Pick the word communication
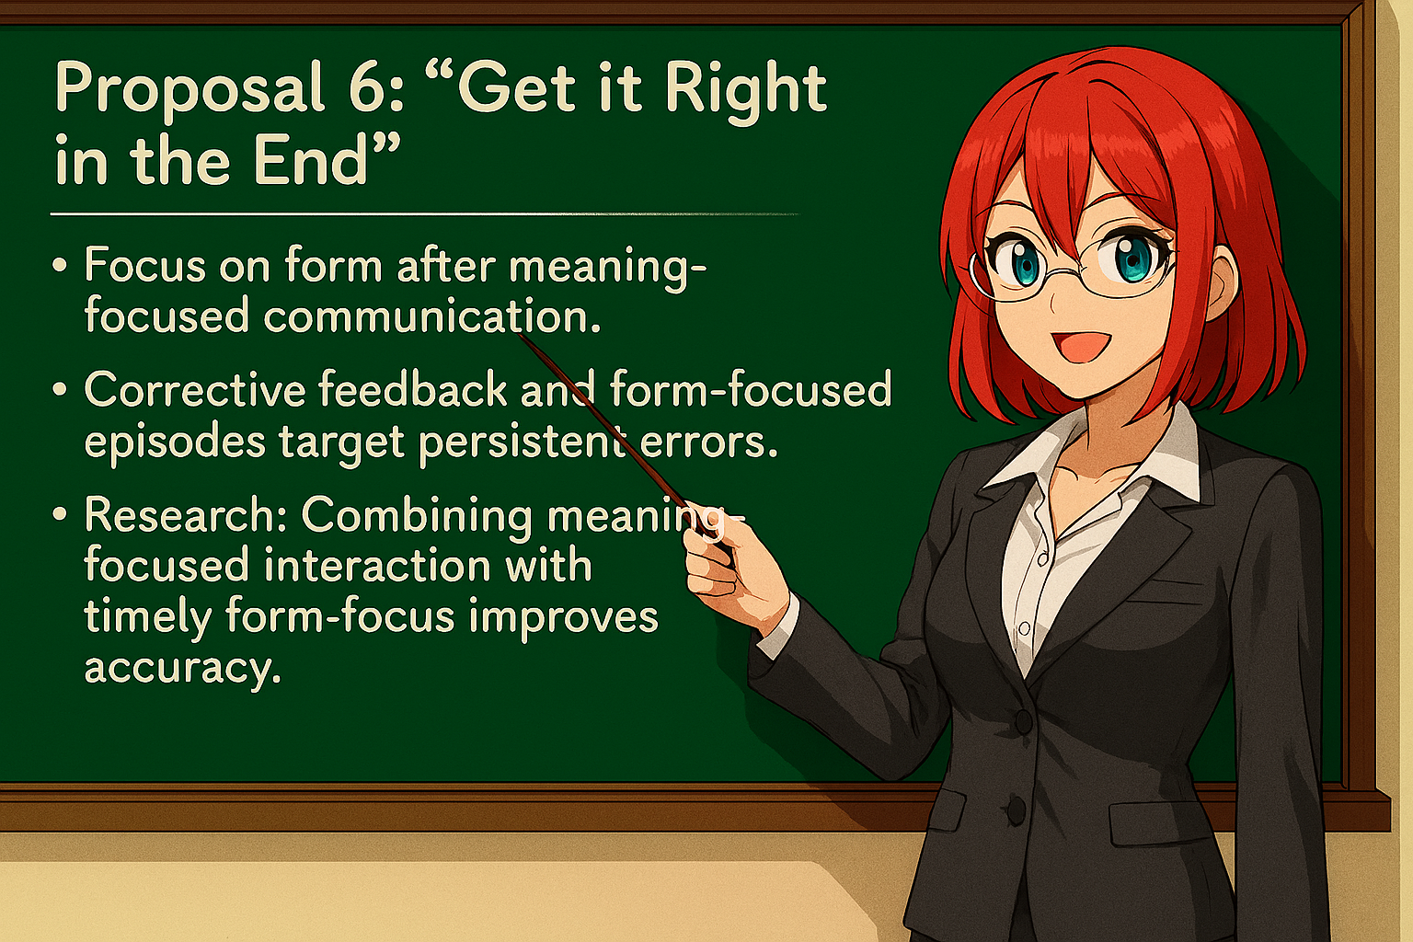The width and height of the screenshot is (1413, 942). pyautogui.click(x=432, y=316)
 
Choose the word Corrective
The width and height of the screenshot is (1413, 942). pyautogui.click(x=194, y=390)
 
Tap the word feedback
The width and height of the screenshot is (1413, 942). pyautogui.click(x=413, y=390)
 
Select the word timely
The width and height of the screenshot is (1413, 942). pyautogui.click(x=147, y=617)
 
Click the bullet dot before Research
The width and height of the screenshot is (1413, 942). pyautogui.click(x=61, y=515)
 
